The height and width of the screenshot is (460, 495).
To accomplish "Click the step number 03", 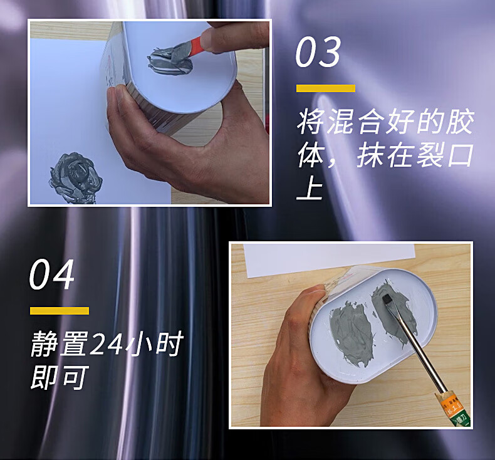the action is click(x=318, y=52).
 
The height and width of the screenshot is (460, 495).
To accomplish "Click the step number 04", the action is click(x=52, y=274).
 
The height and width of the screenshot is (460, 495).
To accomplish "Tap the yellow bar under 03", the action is click(x=325, y=88).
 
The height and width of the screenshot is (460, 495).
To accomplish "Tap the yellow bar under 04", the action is click(x=60, y=311).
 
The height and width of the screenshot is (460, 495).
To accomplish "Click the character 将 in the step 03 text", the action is click(x=311, y=122).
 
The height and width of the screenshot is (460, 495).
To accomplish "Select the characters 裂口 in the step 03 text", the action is click(x=444, y=155).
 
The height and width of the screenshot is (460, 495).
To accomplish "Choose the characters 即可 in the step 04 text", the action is click(x=59, y=377).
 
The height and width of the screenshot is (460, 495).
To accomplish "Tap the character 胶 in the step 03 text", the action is click(x=460, y=122).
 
